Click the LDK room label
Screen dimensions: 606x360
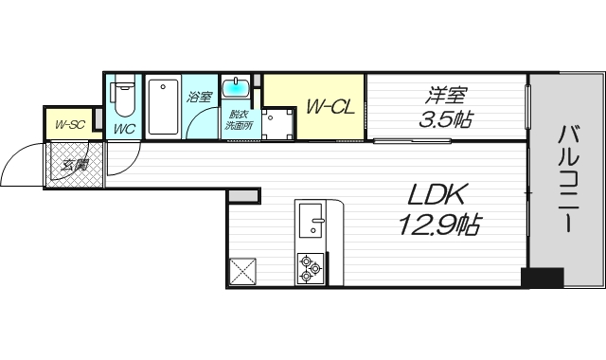pos(436,195)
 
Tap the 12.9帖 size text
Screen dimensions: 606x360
pos(439,225)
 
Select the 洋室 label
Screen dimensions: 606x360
pos(446,95)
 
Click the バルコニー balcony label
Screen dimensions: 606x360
pos(568,179)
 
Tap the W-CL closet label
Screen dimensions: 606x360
pos(330,107)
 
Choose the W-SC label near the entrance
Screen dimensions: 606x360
pos(69,124)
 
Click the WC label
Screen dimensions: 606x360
pos(124,129)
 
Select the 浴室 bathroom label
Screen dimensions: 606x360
pos(200,97)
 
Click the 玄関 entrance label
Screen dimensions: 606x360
pos(75,165)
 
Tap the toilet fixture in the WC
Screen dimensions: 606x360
pos(122,97)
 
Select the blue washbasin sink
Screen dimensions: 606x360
pos(236,87)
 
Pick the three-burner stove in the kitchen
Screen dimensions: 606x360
pos(310,268)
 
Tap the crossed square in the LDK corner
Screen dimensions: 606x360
pos(242,272)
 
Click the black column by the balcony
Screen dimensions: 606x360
pos(542,278)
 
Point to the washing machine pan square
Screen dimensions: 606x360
pos(276,124)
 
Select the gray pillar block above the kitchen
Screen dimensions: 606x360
pos(243,196)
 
